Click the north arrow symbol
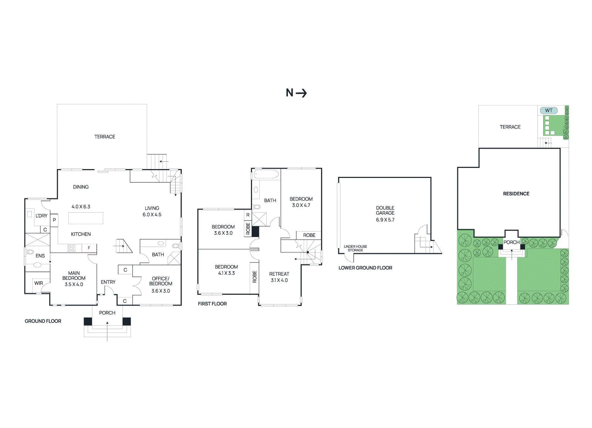296,93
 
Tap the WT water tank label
548,110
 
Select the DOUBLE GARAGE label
385,210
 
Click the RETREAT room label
279,274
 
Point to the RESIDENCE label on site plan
516,193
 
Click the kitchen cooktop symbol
72,248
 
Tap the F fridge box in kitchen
89,248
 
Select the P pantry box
54,220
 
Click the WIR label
38,283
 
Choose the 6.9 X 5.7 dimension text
385,220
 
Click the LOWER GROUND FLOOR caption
365,268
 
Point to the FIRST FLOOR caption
212,304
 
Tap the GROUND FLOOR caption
43,321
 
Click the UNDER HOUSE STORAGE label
355,248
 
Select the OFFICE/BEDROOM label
161,281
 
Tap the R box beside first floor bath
248,215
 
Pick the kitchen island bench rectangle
85,218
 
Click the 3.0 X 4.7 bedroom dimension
301,205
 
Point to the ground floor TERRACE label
105,137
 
